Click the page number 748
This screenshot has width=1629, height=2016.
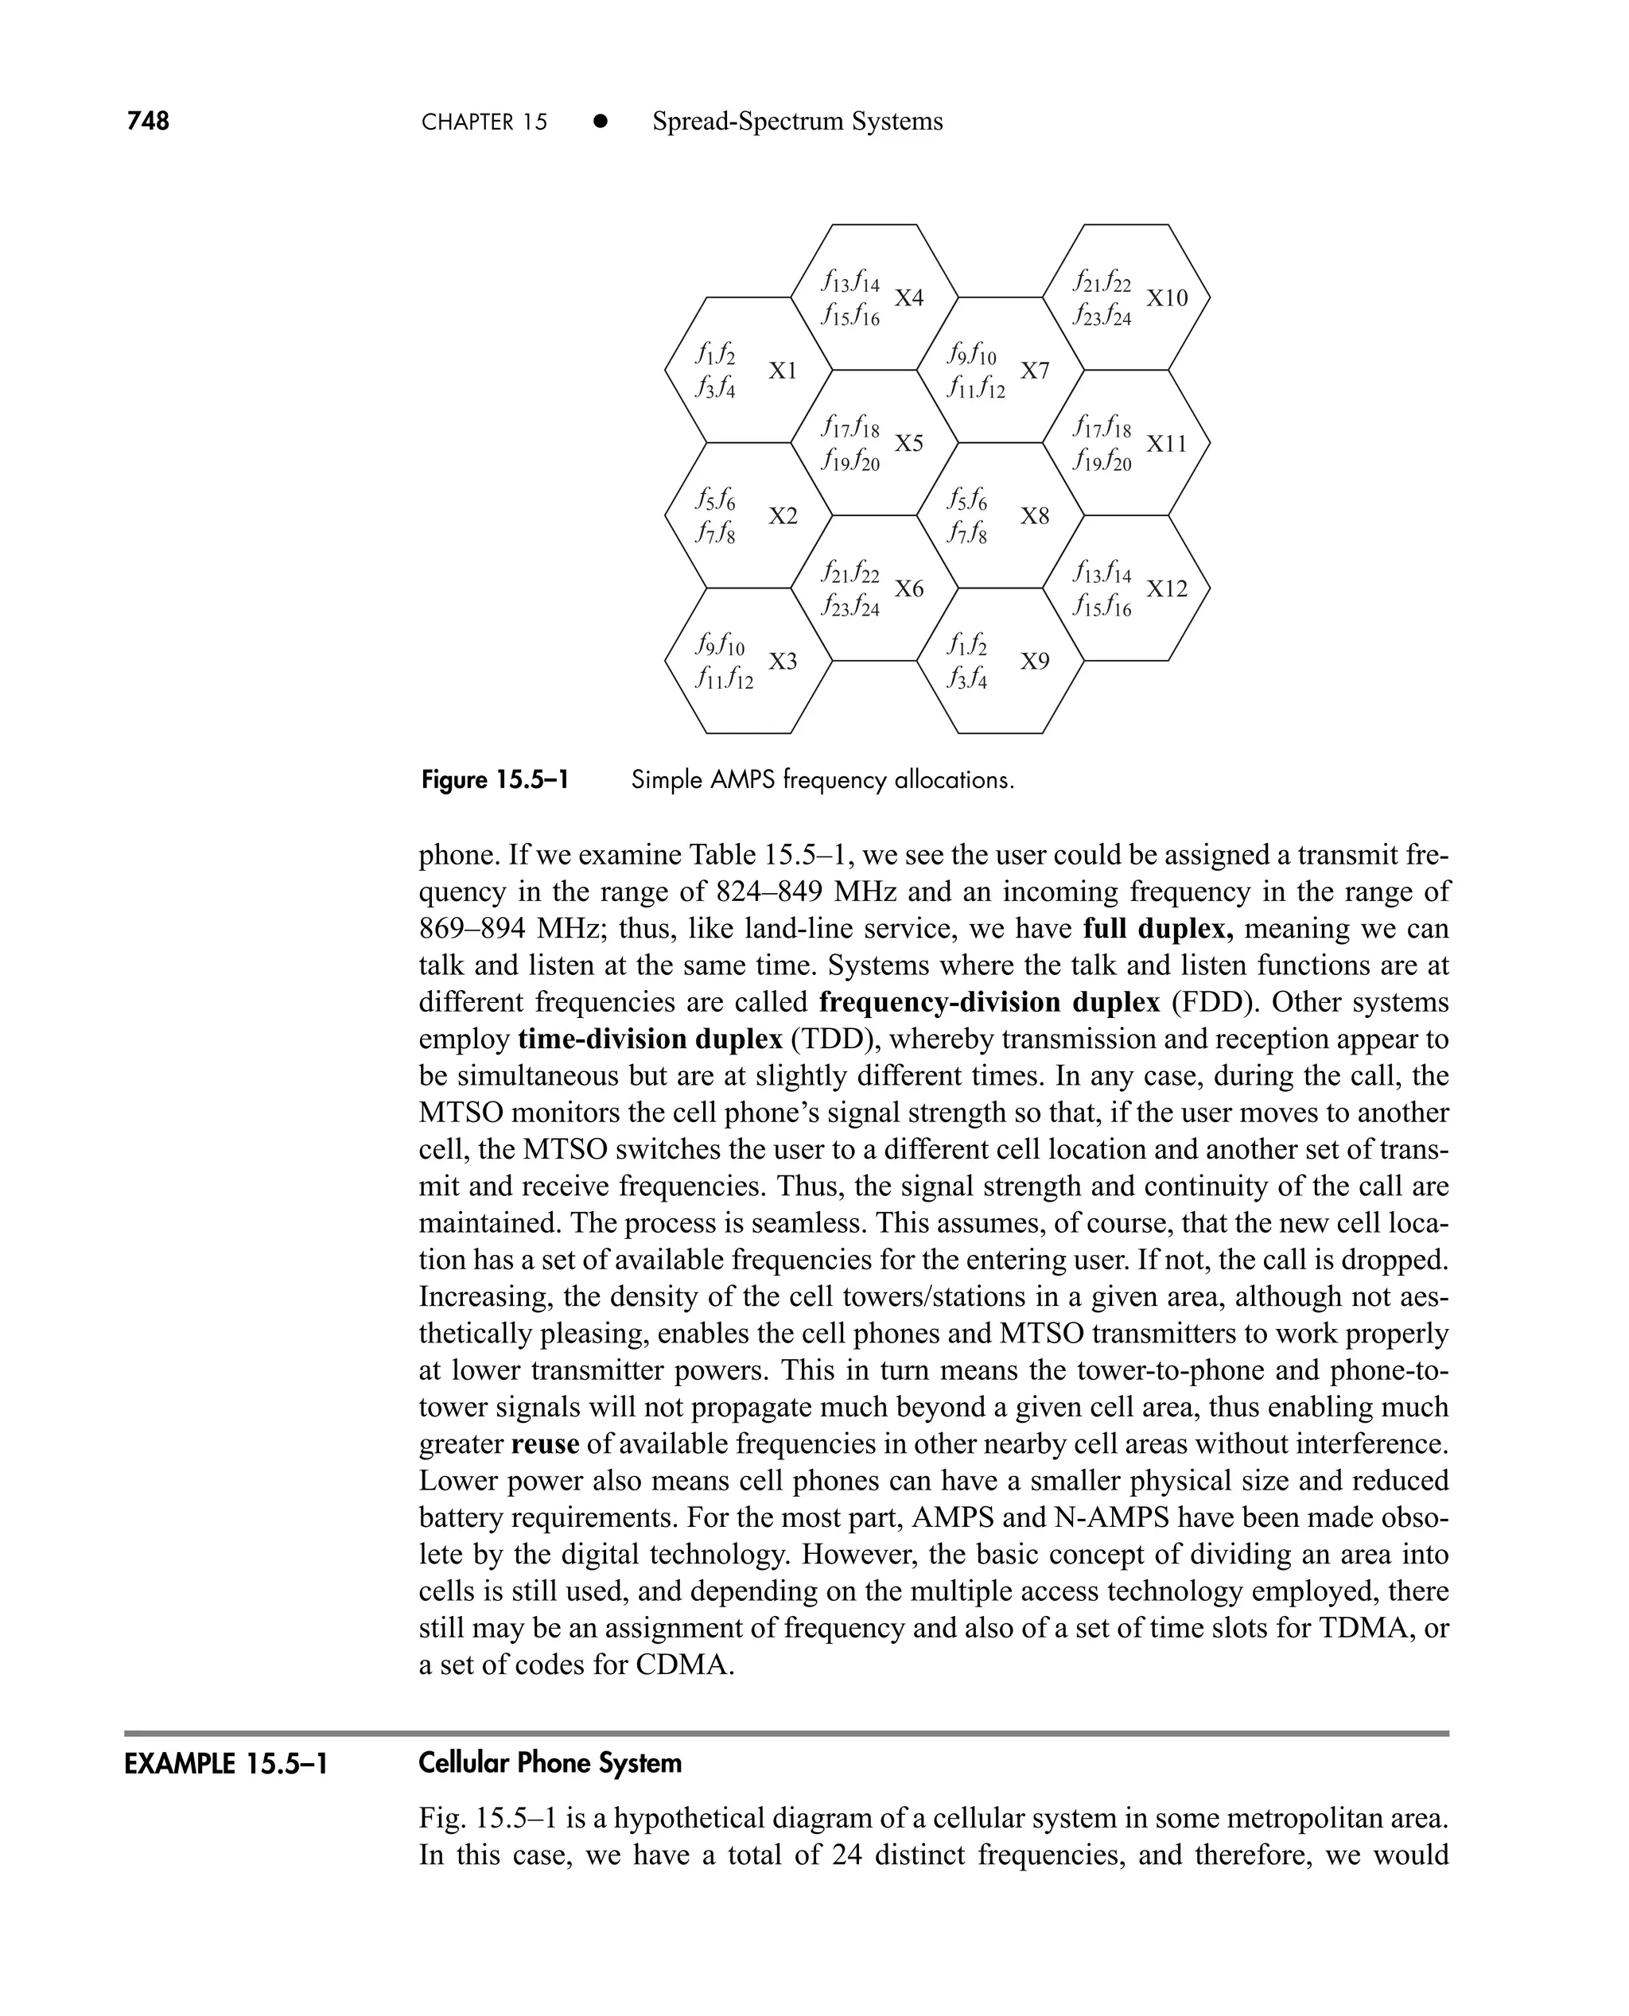click(148, 121)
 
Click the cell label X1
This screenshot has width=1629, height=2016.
click(783, 371)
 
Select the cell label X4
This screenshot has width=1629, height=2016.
click(908, 297)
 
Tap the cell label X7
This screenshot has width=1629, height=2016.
click(1034, 371)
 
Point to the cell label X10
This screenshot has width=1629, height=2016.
click(1166, 297)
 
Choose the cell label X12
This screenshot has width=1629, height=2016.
click(1166, 588)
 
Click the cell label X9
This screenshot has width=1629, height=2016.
click(1034, 662)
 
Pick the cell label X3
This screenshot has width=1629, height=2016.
click(783, 662)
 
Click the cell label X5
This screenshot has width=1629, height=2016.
click(908, 443)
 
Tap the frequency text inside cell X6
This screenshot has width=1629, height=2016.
click(850, 590)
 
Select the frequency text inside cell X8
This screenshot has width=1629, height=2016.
click(967, 516)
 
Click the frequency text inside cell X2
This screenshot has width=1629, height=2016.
click(715, 516)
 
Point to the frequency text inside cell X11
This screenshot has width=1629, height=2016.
click(1102, 444)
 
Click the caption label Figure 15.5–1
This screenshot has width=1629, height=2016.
click(495, 780)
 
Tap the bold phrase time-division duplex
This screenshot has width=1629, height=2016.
click(649, 1039)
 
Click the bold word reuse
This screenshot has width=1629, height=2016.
click(545, 1443)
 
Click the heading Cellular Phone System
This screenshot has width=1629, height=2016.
click(550, 1763)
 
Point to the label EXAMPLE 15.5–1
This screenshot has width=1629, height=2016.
click(226, 1764)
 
